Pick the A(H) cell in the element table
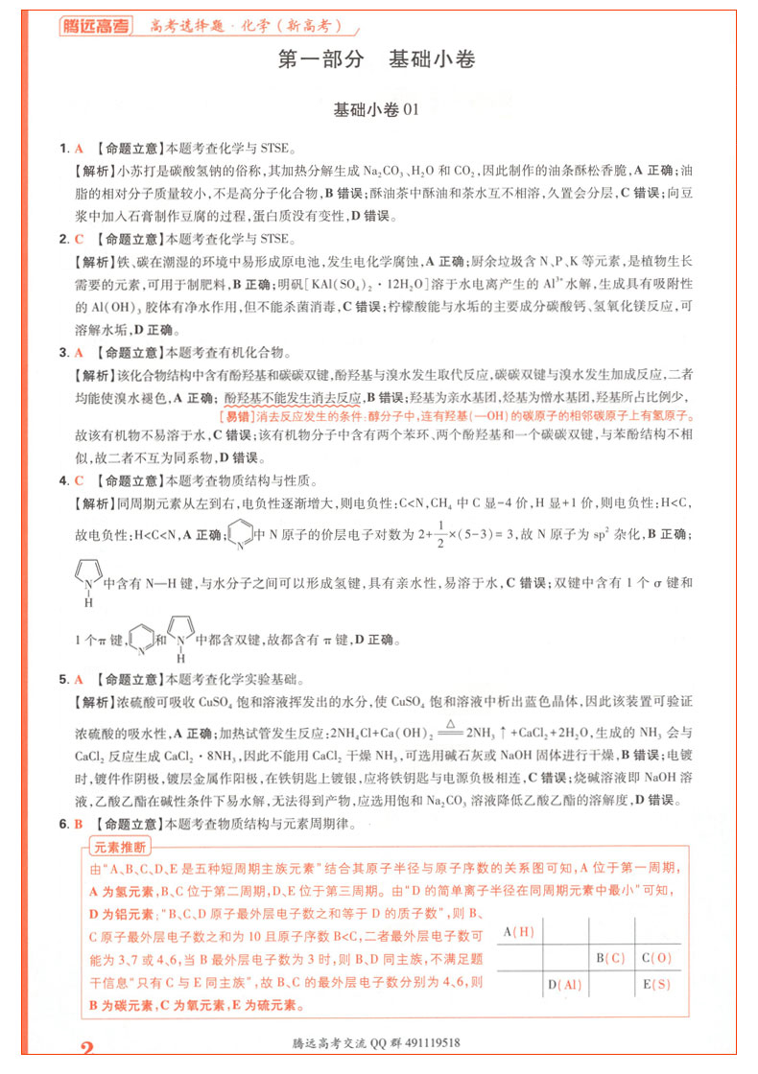point(518,932)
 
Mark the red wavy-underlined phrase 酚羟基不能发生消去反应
point(292,397)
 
